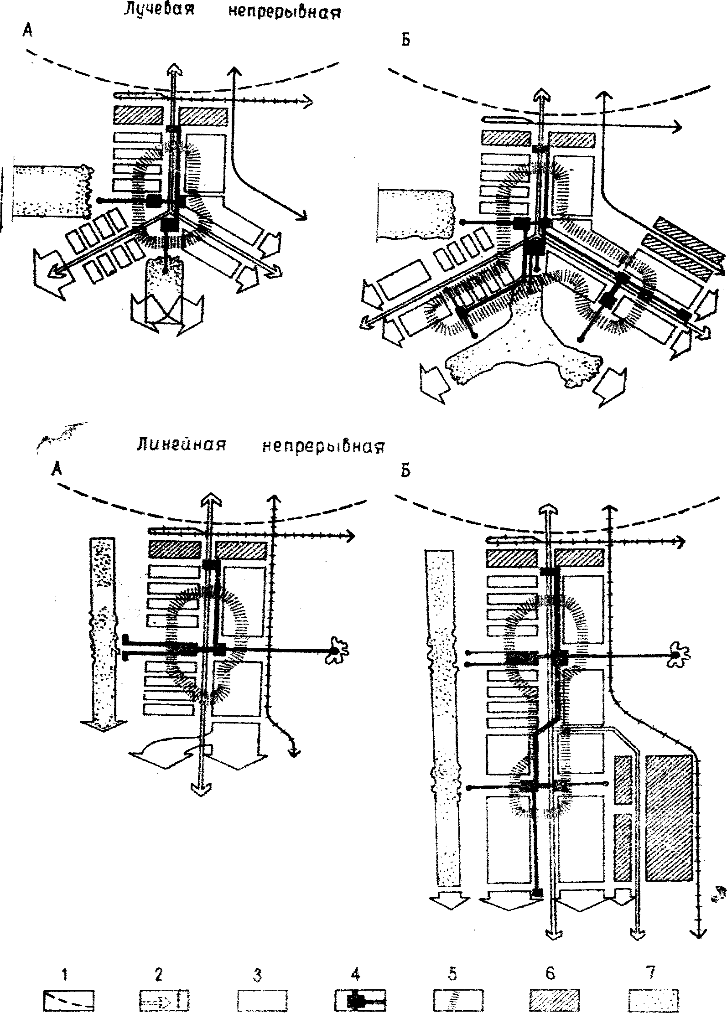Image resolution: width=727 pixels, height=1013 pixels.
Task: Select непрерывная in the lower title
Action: tap(323, 445)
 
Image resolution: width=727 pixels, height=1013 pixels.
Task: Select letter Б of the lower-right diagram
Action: tap(405, 471)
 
